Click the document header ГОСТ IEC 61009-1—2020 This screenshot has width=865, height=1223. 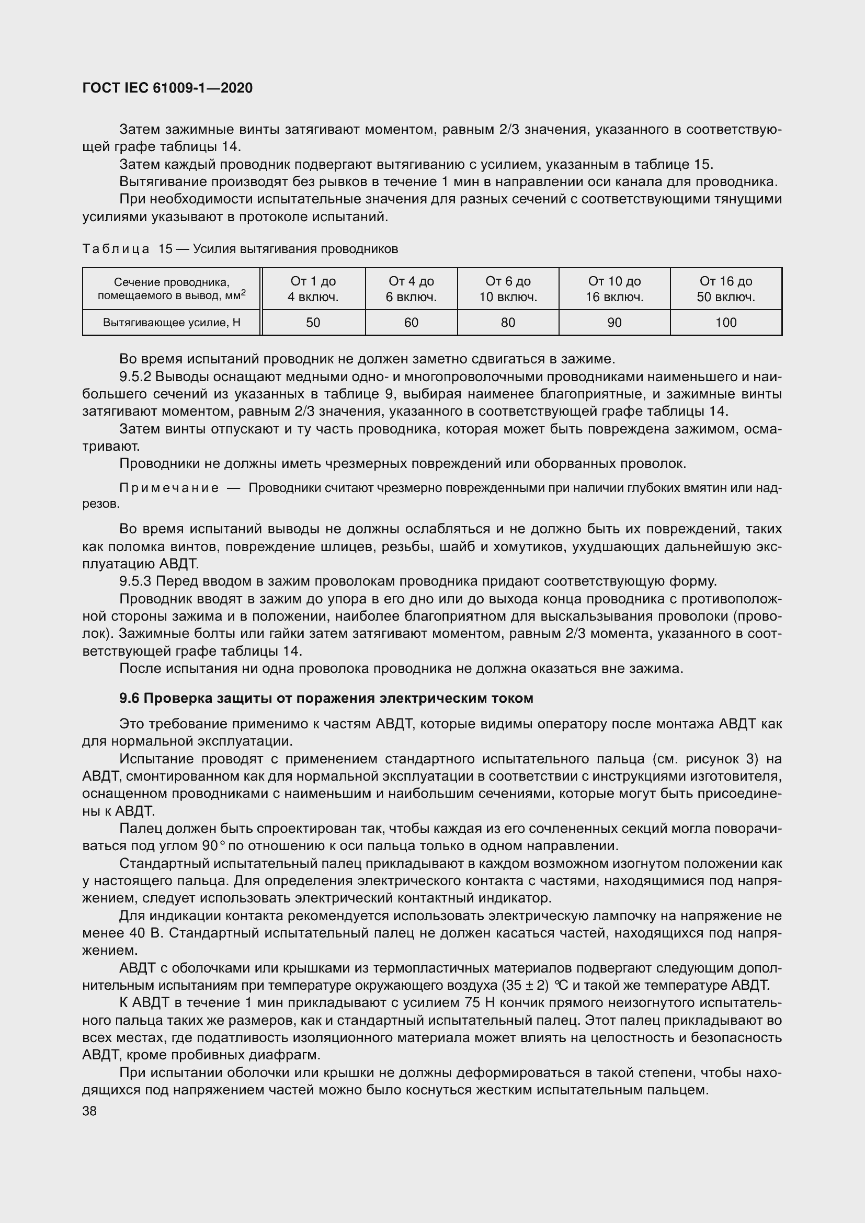[167, 88]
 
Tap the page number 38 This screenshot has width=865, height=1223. [89, 1111]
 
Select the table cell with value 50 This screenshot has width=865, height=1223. [313, 322]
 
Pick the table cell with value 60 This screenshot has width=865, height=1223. [411, 322]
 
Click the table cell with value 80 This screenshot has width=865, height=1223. [508, 322]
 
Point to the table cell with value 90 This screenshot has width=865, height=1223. [614, 322]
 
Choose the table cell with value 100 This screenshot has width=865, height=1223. [726, 322]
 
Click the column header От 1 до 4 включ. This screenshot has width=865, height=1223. [313, 289]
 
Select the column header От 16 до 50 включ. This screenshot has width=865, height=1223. [726, 289]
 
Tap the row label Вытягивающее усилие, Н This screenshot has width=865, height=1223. [172, 323]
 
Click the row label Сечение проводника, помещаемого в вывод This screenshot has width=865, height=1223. [172, 289]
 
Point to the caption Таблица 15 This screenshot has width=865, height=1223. [128, 249]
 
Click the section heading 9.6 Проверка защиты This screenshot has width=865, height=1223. [326, 699]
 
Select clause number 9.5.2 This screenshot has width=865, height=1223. [135, 377]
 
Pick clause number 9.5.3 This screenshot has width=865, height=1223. [135, 580]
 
